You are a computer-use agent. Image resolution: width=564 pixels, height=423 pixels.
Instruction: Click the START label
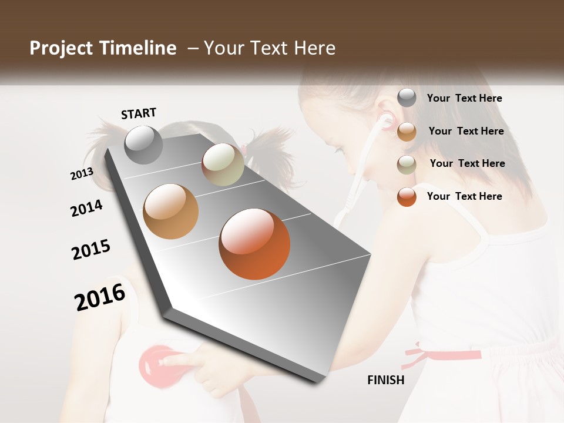139,113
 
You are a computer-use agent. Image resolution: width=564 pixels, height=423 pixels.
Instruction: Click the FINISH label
385,380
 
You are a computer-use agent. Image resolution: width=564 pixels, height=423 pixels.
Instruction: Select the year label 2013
82,173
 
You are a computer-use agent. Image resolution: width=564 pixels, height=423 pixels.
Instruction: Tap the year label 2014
86,208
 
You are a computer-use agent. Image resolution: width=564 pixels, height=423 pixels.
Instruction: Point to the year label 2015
91,250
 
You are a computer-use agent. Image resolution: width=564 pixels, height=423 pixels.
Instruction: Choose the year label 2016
100,297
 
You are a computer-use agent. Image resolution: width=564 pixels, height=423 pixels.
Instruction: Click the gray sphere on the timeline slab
144,145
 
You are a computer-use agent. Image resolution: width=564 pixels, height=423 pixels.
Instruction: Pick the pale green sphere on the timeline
223,164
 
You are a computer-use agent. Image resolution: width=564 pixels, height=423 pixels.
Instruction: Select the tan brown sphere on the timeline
171,211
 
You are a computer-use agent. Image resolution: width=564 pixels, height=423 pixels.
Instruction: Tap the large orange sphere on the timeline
254,244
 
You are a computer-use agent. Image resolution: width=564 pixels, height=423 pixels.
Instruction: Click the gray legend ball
407,98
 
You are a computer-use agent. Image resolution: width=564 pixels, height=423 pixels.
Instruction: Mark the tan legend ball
407,132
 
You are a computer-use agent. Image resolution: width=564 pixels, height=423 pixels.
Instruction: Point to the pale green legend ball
407,164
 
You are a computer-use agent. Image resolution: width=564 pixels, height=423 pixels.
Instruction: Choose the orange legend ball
407,197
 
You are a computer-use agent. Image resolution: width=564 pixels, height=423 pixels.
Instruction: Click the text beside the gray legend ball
464,99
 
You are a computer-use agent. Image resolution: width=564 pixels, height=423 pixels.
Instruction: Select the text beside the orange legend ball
464,196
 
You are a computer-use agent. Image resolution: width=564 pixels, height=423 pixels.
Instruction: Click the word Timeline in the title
137,48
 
